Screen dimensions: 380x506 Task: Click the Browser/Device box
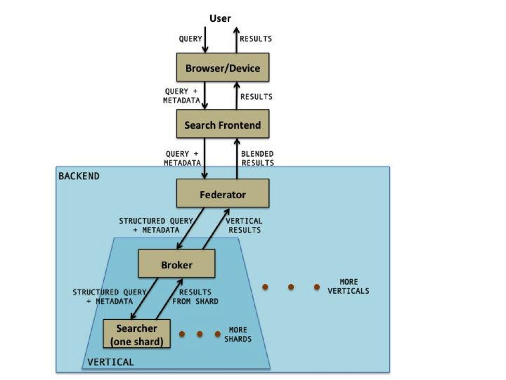[223, 67]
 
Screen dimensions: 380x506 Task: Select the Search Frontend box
[223, 124]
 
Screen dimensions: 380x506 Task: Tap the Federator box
[223, 194]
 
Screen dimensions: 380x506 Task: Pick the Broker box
[176, 264]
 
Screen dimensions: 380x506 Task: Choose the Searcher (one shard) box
[137, 333]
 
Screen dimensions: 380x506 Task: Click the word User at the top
[220, 19]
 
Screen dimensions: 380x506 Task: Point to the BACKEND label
[79, 176]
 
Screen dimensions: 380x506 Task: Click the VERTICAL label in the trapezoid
[111, 361]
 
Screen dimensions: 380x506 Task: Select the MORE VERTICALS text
[348, 287]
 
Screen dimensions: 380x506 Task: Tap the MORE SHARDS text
[238, 334]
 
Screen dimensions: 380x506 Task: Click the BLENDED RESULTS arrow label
[257, 158]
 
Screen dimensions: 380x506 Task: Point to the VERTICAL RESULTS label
[244, 225]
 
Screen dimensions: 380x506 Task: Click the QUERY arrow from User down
[205, 39]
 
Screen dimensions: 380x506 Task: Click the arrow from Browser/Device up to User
[237, 39]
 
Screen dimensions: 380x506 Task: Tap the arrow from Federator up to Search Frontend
[237, 158]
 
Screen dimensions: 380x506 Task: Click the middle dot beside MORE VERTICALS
[291, 287]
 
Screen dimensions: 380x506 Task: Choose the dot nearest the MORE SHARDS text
[217, 334]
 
